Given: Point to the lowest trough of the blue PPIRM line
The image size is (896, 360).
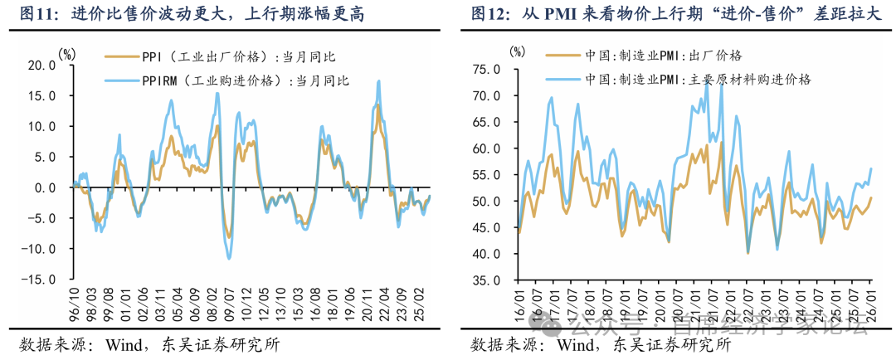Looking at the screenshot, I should click(x=230, y=259).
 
